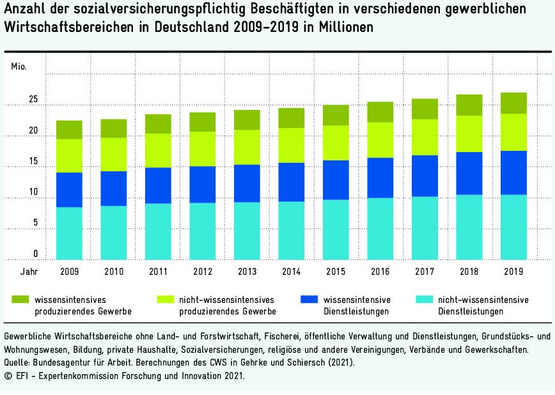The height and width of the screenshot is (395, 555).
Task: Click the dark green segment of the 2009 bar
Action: [x=69, y=130]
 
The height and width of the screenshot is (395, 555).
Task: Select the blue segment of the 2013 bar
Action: [x=247, y=183]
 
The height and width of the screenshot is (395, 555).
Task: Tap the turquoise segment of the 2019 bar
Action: [x=513, y=227]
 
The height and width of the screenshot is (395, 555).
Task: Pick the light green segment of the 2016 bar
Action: [x=380, y=140]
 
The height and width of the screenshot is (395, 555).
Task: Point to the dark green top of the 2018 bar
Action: [x=469, y=105]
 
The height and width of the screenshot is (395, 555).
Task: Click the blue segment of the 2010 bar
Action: [x=113, y=189]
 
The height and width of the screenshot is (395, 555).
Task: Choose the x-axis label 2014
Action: [x=291, y=271]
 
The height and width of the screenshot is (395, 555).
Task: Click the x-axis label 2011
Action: [x=158, y=271]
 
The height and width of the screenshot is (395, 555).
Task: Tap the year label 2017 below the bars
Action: [x=425, y=271]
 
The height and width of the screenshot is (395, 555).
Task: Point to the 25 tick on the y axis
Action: [x=33, y=100]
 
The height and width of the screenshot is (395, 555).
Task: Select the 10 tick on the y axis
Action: [x=33, y=192]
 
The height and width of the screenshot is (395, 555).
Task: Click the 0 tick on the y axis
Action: [x=36, y=254]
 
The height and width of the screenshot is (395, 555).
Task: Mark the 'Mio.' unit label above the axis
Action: [x=19, y=66]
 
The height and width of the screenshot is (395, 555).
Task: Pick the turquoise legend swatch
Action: [x=423, y=299]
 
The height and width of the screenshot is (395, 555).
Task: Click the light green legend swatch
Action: [x=164, y=299]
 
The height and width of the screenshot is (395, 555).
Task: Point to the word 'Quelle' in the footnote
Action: [x=17, y=362]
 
